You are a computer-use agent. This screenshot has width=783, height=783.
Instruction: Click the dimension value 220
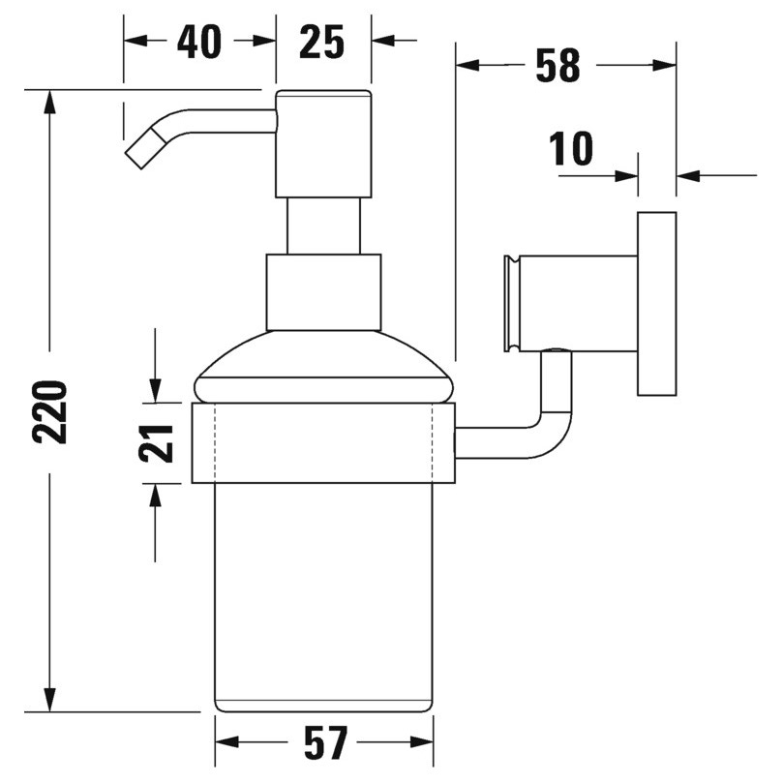click(x=50, y=411)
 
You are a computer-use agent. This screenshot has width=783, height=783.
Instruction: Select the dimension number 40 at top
click(x=199, y=42)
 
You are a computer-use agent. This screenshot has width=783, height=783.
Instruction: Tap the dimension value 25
click(x=322, y=42)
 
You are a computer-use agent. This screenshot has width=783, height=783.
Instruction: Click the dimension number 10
click(x=570, y=150)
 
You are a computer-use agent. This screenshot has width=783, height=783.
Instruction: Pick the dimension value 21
click(x=156, y=442)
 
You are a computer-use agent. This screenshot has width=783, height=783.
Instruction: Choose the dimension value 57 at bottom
click(x=324, y=744)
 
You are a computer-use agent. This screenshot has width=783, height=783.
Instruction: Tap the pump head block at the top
click(x=323, y=143)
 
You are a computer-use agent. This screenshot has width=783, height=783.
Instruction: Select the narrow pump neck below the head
click(x=323, y=226)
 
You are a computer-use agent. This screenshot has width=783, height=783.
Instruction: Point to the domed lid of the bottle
click(x=323, y=368)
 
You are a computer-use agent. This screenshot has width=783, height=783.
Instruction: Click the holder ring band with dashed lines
click(x=323, y=442)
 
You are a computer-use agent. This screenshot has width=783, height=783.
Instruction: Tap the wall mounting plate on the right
click(x=656, y=302)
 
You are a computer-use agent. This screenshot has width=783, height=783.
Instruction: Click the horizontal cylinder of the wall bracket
click(x=571, y=302)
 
